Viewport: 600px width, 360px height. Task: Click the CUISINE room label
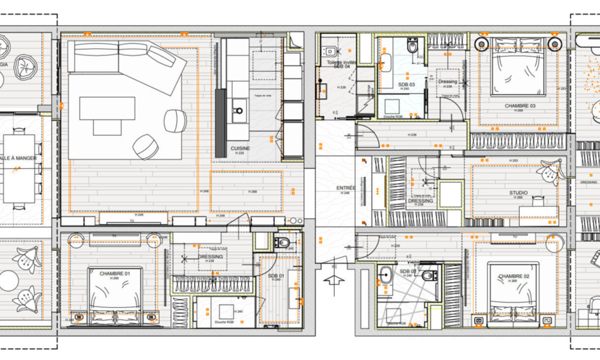pos(240,148)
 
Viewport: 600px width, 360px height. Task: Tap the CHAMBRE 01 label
pos(110,274)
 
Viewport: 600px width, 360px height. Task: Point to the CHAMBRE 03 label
pos(520,106)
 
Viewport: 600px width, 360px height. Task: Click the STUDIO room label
pos(518,193)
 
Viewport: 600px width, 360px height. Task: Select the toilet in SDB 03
pos(413,45)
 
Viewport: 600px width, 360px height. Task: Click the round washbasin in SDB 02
pos(386,275)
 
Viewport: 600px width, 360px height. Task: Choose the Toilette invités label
pos(341,62)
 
